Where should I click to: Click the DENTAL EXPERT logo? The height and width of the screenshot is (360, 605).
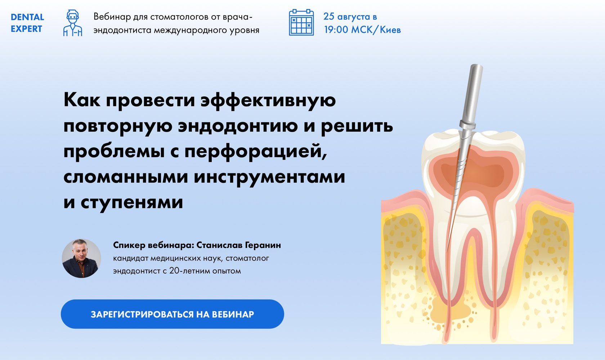pos(27,23)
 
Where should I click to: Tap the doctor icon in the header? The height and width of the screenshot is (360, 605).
pos(73,23)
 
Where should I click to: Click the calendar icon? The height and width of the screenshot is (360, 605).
pos(301,22)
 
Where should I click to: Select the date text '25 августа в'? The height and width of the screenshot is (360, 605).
pos(350,17)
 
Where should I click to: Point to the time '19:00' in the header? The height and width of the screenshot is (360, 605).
pos(336,30)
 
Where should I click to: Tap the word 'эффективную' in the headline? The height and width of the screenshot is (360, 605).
pos(268,100)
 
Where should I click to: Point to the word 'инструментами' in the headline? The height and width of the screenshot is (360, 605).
pos(269,177)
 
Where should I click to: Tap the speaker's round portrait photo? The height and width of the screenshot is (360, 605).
pos(81,258)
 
